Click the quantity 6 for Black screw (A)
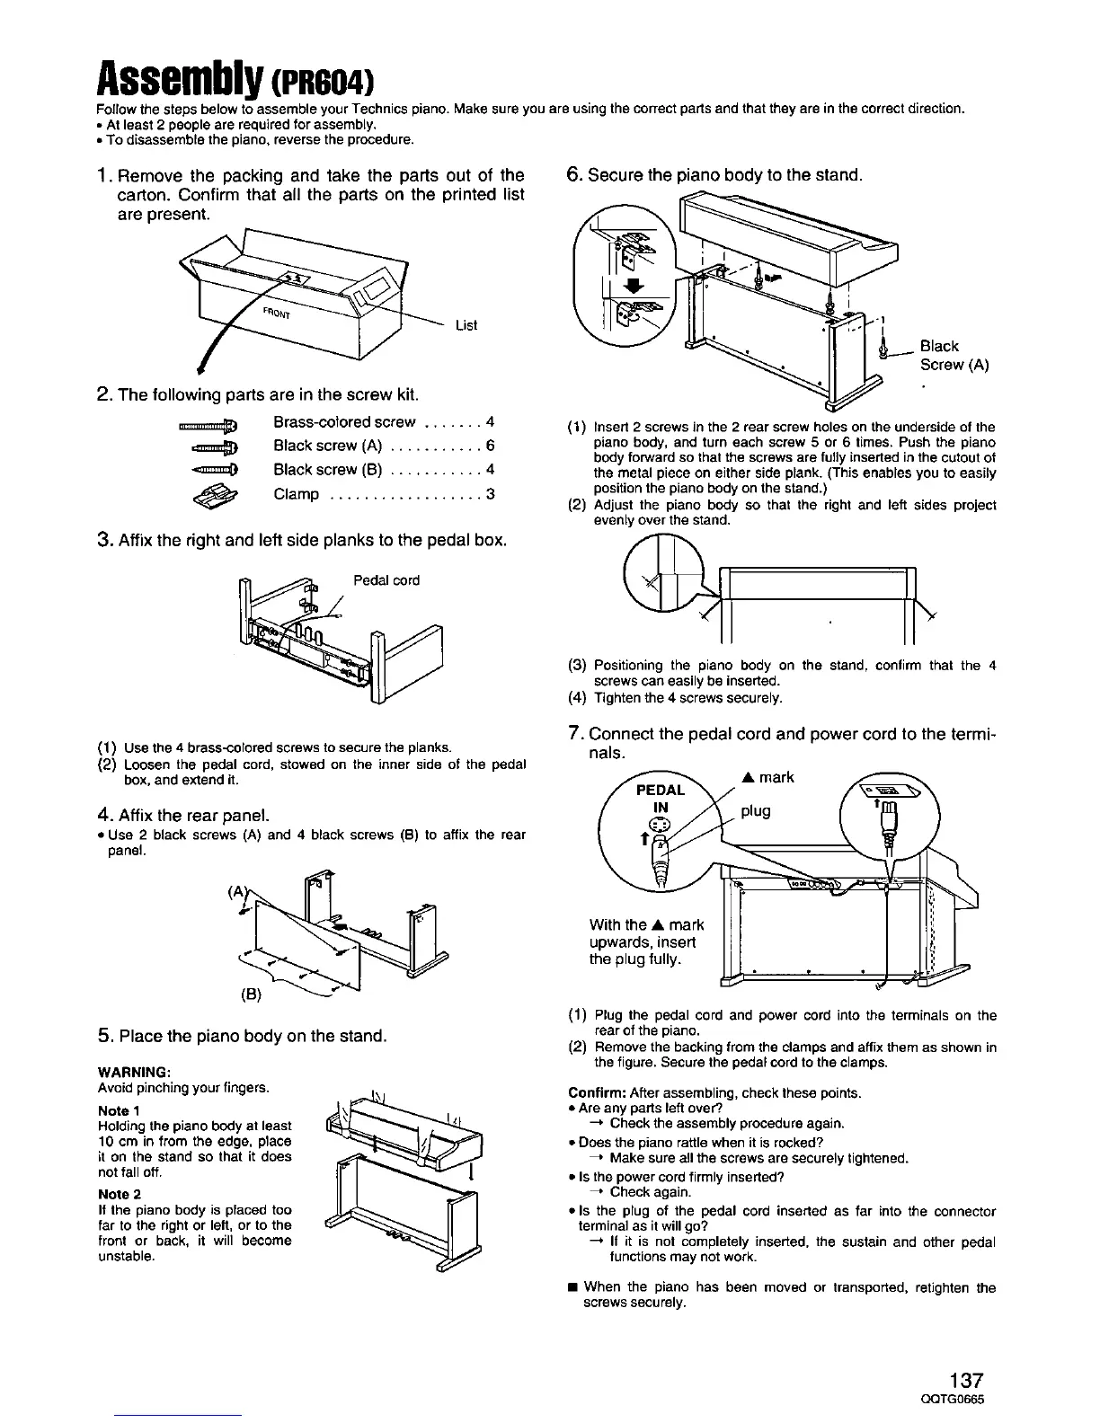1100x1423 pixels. (x=490, y=446)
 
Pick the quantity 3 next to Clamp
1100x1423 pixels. (x=490, y=494)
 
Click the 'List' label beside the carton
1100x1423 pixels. (x=466, y=325)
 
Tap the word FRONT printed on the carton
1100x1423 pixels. (x=277, y=315)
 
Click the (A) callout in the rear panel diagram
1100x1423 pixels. (x=237, y=892)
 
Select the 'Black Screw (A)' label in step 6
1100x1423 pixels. (x=953, y=356)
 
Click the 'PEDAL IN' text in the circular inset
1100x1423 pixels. (x=661, y=799)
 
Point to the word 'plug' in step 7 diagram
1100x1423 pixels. (x=757, y=811)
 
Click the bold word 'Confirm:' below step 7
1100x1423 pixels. (x=598, y=1093)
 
